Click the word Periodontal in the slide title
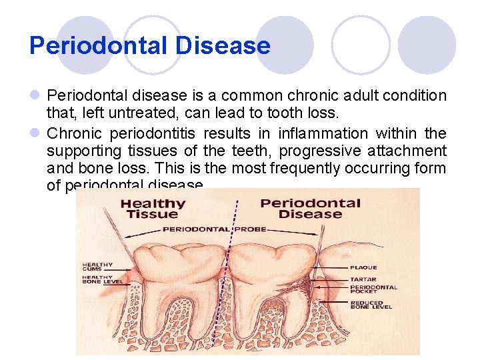pos(96,45)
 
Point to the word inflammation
pos(323,133)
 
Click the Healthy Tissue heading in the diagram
pos(153,208)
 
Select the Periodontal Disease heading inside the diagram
pos(309,208)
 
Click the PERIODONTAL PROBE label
pos(215,229)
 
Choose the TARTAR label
pos(363,279)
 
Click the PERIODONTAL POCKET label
pos(373,290)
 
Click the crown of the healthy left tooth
pos(171,260)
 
